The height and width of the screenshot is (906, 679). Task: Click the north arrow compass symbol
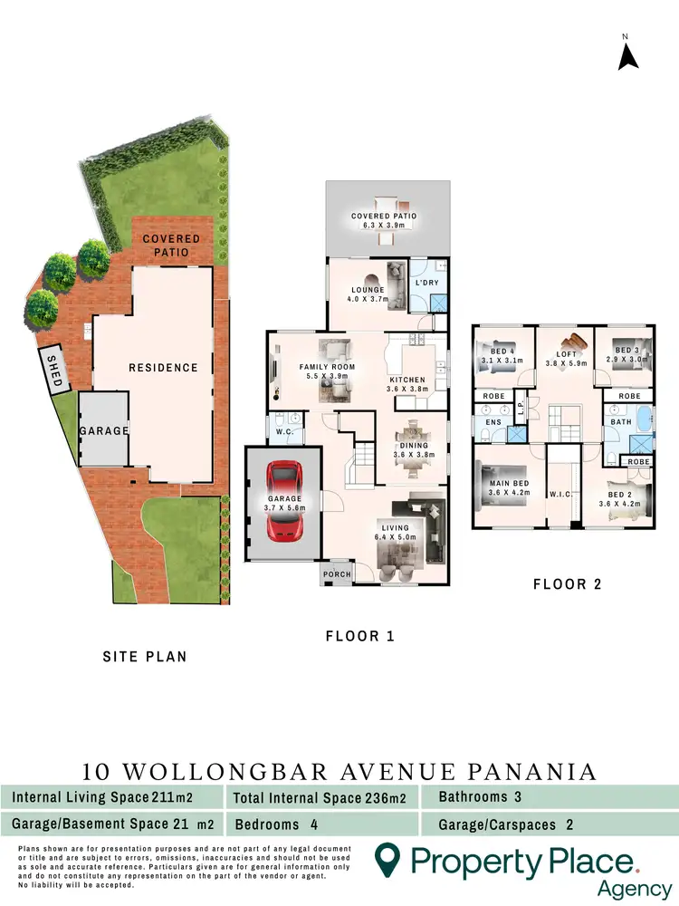point(628,55)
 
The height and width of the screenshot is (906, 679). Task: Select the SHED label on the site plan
point(55,371)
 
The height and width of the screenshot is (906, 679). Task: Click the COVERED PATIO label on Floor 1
point(384,217)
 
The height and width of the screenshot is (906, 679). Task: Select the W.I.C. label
point(559,495)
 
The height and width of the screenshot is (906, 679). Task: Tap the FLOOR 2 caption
point(567,585)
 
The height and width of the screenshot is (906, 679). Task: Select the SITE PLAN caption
point(145,656)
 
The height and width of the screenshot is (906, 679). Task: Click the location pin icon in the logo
point(387,857)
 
